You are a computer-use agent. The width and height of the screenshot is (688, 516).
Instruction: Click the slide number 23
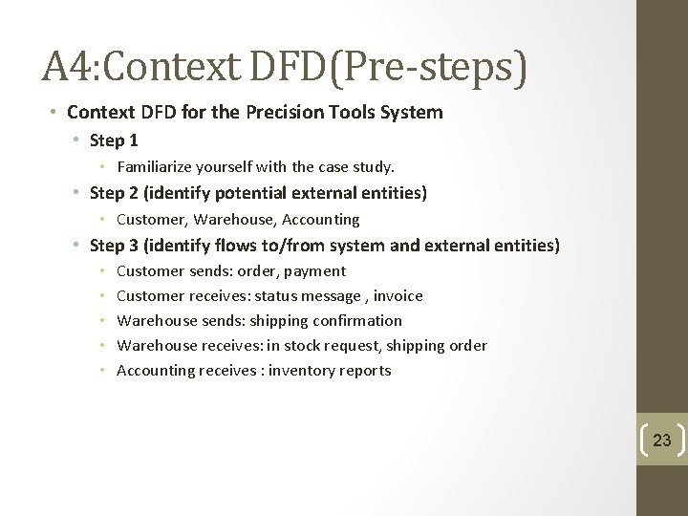(x=661, y=441)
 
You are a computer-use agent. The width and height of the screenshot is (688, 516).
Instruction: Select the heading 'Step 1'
(x=114, y=140)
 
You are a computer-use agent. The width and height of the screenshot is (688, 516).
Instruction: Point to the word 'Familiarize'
(x=155, y=167)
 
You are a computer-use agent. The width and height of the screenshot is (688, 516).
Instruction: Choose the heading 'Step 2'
(x=114, y=193)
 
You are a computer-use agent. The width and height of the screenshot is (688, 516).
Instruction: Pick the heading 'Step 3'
(x=114, y=246)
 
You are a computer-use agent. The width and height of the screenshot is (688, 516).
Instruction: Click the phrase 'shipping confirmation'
(x=326, y=321)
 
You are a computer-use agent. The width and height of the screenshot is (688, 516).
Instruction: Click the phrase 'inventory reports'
(x=330, y=371)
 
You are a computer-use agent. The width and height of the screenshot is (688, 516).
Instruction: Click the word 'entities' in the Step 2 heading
(x=392, y=193)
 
